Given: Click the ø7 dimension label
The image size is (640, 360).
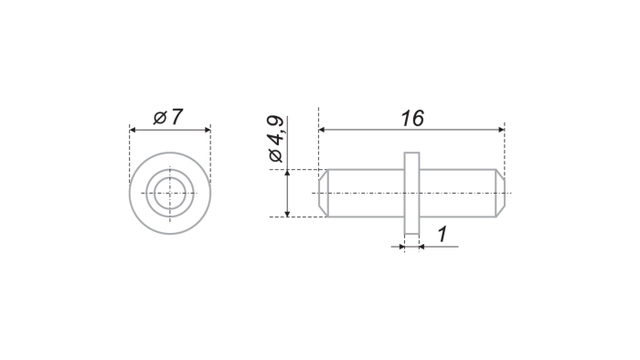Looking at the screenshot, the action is click(x=167, y=117).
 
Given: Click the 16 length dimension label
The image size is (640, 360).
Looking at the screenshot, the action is click(x=412, y=118).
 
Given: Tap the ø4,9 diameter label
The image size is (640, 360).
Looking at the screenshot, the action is click(x=275, y=139).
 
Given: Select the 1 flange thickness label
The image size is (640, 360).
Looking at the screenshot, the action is click(x=443, y=235).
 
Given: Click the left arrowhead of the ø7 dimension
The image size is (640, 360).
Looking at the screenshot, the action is click(x=133, y=130).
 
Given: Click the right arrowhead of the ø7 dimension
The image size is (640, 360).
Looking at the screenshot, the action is click(x=208, y=130).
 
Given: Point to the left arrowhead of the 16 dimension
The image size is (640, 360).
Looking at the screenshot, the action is click(x=322, y=130).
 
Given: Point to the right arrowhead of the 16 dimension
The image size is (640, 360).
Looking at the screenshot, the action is click(x=501, y=130).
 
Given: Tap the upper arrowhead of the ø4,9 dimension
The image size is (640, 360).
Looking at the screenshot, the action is click(x=287, y=173).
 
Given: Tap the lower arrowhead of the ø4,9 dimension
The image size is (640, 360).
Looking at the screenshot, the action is click(x=287, y=214).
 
